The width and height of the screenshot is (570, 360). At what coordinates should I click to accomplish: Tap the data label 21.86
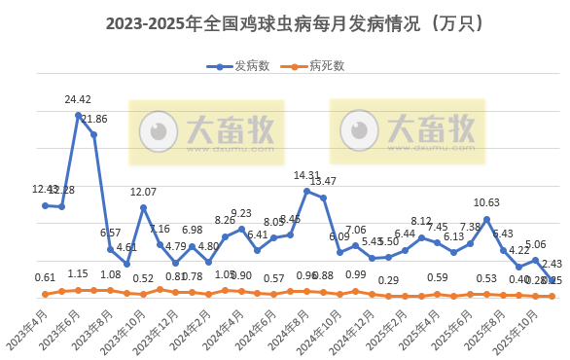click(x=94, y=120)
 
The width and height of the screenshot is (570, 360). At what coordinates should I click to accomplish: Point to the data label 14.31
click(x=306, y=176)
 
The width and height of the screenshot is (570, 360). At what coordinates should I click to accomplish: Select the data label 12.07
click(x=143, y=192)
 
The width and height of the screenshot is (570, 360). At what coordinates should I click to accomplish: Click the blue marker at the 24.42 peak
click(x=78, y=115)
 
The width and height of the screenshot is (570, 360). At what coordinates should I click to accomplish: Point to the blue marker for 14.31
click(x=306, y=191)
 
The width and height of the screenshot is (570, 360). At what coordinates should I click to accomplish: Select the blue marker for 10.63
click(x=486, y=219)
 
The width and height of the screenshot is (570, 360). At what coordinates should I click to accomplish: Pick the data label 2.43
click(x=552, y=264)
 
